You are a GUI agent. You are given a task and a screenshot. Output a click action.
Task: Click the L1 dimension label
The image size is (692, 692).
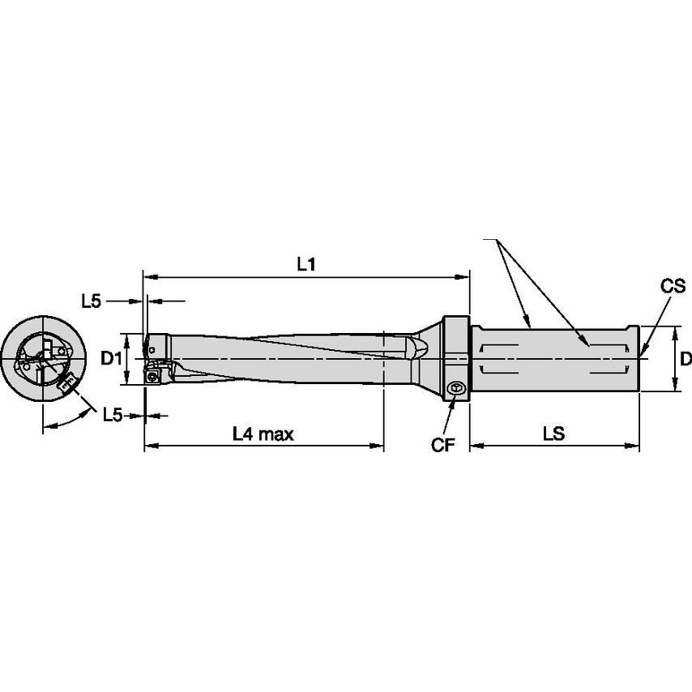pyautogui.click(x=305, y=264)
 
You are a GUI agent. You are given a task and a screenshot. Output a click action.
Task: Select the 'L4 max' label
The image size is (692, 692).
pyautogui.click(x=263, y=434)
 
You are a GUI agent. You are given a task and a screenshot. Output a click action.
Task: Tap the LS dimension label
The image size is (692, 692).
pyautogui.click(x=553, y=434)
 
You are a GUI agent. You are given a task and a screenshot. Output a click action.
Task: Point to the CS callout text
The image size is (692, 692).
pyautogui.click(x=673, y=286)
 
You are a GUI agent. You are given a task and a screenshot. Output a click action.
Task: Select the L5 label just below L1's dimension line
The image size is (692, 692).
pyautogui.click(x=91, y=301)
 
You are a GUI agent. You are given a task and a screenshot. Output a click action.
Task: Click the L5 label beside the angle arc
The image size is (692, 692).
pyautogui.click(x=113, y=415)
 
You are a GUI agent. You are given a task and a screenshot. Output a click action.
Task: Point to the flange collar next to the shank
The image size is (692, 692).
pyautogui.click(x=456, y=357)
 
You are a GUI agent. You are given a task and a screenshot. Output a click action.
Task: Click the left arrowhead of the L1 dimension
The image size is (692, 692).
pyautogui.click(x=147, y=276)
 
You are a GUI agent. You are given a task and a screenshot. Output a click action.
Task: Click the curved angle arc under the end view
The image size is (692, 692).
pyautogui.click(x=65, y=422)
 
